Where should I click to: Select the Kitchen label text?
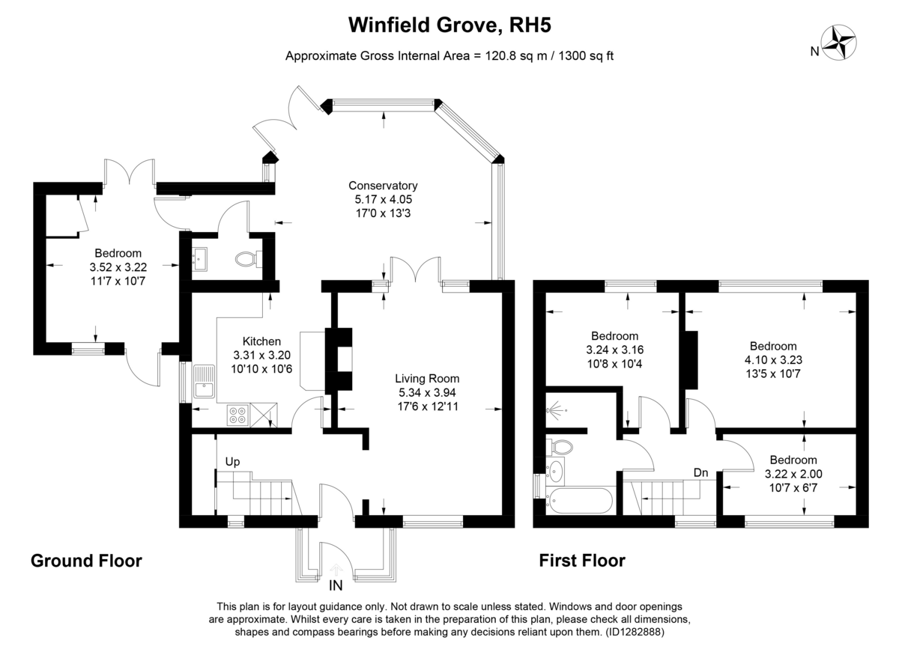point(257,341)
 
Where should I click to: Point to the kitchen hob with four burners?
point(238,414)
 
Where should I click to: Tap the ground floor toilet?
point(246,259)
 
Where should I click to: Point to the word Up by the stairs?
point(233,462)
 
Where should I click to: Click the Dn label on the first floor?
point(701,472)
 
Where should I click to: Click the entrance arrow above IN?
point(334,571)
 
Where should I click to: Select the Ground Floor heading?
point(86,561)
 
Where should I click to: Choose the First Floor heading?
point(582,561)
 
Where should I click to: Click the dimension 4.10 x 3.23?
point(773,359)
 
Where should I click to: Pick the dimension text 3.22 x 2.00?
point(793,474)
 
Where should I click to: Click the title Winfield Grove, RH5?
point(449,25)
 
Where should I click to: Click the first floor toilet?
point(560,447)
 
